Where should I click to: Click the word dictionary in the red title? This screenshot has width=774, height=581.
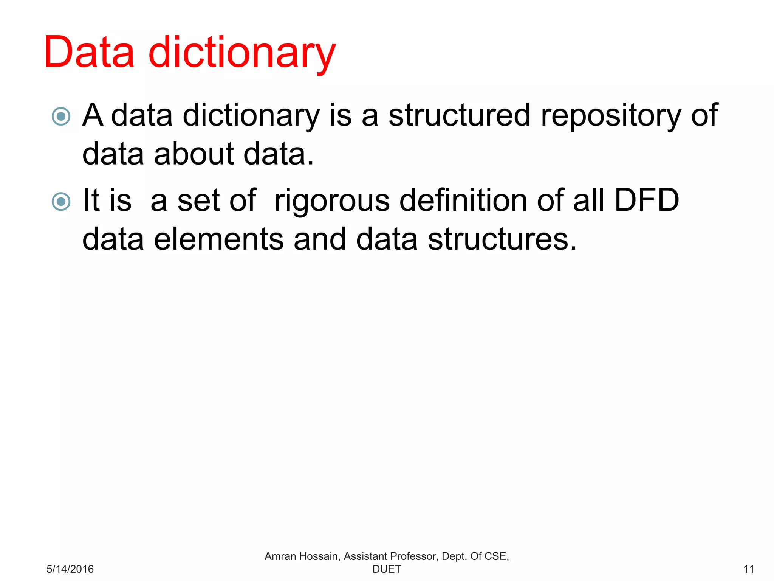click(x=242, y=53)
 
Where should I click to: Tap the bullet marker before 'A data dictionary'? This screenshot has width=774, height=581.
click(x=61, y=116)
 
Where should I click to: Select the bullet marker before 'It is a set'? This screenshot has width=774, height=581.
click(x=61, y=201)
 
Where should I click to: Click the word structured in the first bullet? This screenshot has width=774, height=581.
click(x=459, y=115)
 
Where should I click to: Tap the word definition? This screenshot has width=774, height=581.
click(x=463, y=200)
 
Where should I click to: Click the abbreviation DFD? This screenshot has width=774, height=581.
click(x=647, y=200)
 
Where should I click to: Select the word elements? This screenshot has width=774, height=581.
click(x=219, y=239)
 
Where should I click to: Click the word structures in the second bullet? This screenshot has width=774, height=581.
click(x=502, y=239)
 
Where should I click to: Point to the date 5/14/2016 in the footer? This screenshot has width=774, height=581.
click(x=70, y=569)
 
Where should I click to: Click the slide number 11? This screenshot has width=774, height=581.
click(x=748, y=569)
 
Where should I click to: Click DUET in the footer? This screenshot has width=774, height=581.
click(x=387, y=569)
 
